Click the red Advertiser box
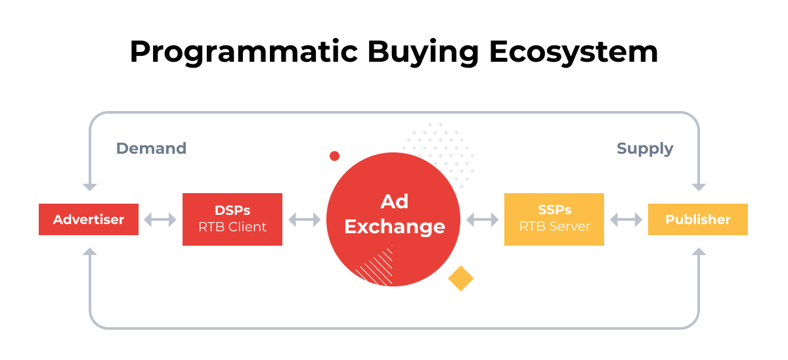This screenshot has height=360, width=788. click(x=89, y=219)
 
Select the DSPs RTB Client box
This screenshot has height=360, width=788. click(x=232, y=219)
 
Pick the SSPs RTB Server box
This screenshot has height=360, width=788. click(x=554, y=219)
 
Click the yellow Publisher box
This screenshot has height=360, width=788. click(x=698, y=219)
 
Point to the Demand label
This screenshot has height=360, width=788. click(x=151, y=148)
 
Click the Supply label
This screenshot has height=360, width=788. click(x=645, y=148)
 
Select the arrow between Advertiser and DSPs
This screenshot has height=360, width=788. click(x=160, y=220)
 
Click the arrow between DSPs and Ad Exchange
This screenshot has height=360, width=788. click(x=304, y=220)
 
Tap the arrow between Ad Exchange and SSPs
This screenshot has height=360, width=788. click(x=483, y=220)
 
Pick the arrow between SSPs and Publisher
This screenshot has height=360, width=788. click(x=626, y=220)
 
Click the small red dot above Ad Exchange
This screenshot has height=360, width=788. click(x=334, y=156)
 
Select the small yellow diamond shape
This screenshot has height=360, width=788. click(x=460, y=278)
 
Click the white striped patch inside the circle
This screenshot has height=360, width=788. click(x=375, y=268)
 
